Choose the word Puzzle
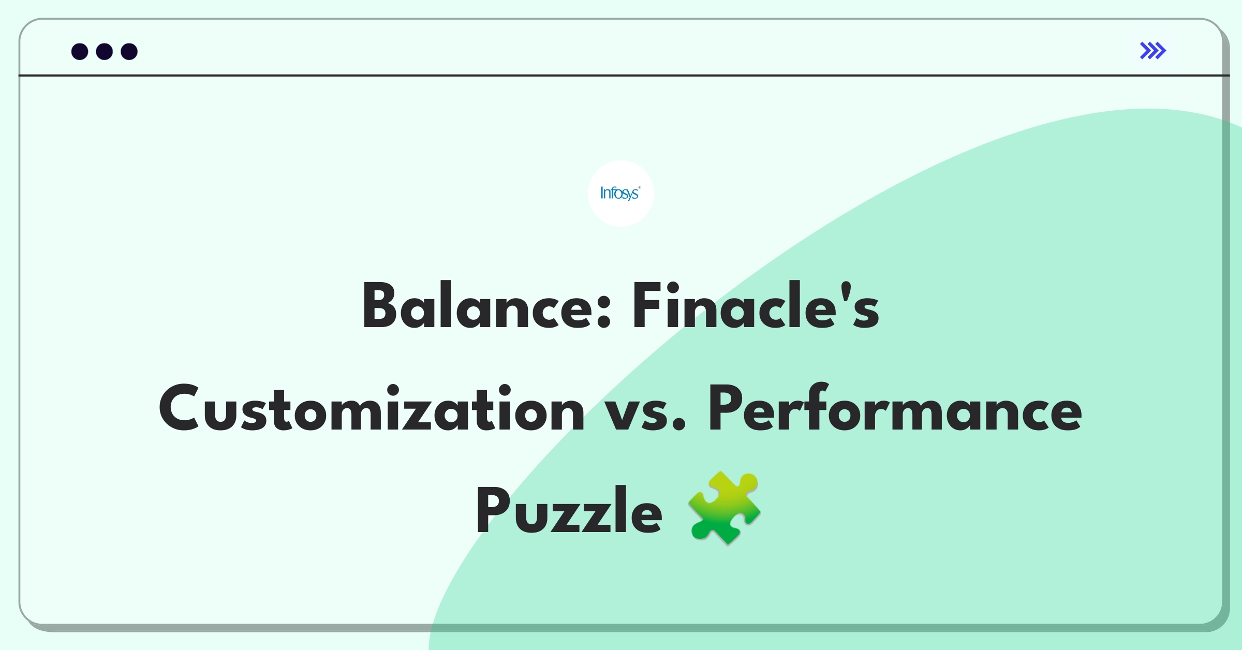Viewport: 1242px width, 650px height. (x=569, y=510)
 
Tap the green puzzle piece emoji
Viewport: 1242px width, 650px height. (x=724, y=508)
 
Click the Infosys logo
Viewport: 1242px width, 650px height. (x=620, y=194)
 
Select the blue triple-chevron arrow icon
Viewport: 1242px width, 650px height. (x=1153, y=51)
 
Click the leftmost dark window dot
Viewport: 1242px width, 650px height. (x=80, y=51)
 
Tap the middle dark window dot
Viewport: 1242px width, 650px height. (x=105, y=51)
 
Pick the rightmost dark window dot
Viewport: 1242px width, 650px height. (x=129, y=51)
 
